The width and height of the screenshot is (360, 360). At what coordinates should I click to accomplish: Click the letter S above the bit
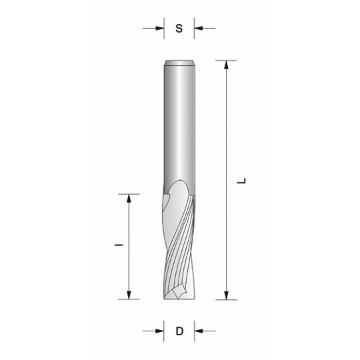pos(179,28)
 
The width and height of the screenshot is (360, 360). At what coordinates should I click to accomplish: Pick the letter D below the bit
pos(179,331)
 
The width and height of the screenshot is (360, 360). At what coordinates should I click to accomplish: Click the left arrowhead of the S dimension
pos(160,28)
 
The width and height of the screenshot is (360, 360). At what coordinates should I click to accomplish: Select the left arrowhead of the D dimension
pos(160,331)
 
